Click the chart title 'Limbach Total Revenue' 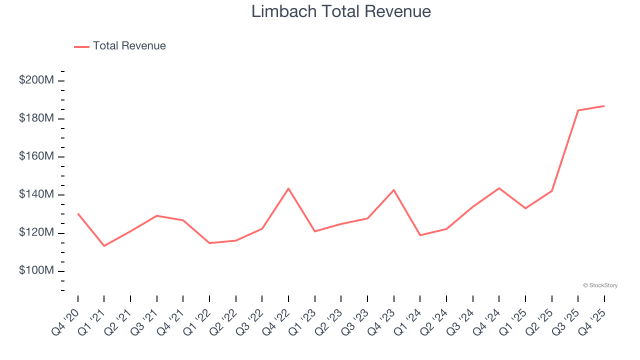coord(341,11)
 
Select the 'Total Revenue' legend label coord(129,46)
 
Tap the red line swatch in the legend coord(81,46)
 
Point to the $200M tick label coord(36,80)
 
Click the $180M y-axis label coord(36,118)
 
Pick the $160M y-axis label coord(36,156)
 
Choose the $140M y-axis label coord(36,194)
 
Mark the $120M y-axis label coord(36,232)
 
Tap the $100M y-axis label coord(36,270)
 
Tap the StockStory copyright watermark coord(600,285)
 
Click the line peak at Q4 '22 coord(288,188)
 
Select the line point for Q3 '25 coord(578,110)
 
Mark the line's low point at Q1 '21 coord(104,246)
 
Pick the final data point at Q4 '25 coord(604,106)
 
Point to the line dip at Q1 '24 coord(420,235)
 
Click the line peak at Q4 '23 coord(394,190)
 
